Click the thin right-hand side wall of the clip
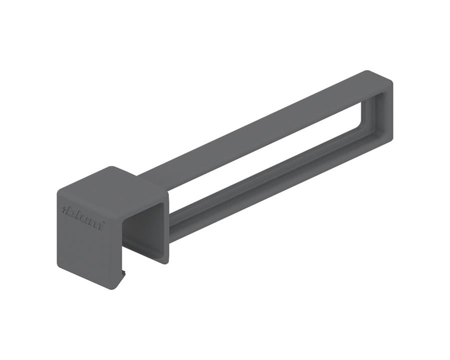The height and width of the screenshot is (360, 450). (166, 225)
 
